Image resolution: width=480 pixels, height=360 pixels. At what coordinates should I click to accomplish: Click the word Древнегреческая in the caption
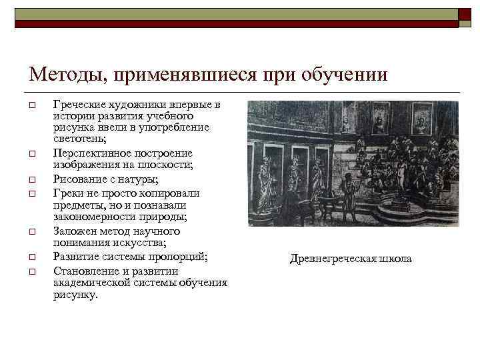331,259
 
